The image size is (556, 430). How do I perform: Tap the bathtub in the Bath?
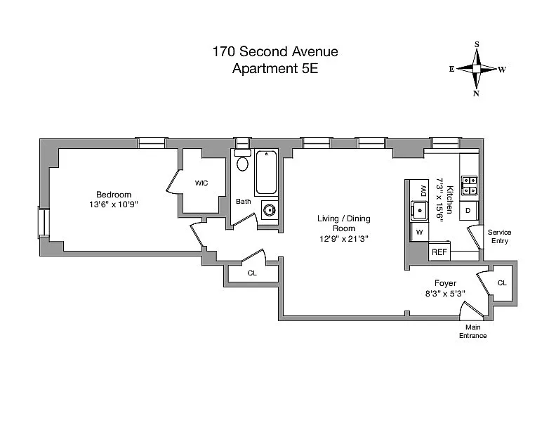266,172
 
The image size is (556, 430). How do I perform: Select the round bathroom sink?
269,210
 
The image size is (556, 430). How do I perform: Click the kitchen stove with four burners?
469,185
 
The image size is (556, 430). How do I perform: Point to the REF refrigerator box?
439,252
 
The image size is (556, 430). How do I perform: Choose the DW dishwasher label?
423,191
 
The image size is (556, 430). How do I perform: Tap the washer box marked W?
420,232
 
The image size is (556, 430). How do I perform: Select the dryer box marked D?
468,211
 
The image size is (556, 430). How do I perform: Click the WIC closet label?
201,183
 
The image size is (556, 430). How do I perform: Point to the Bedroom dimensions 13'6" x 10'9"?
114,204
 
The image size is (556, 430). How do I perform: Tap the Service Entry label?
499,236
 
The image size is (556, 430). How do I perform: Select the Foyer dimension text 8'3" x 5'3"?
445,294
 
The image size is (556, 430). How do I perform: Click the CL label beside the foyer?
502,282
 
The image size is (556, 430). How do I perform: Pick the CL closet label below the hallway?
252,273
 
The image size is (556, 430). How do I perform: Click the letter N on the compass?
476,93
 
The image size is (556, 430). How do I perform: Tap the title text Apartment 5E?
275,68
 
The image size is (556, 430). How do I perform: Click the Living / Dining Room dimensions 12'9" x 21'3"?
344,239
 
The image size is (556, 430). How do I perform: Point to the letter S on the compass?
477,44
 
